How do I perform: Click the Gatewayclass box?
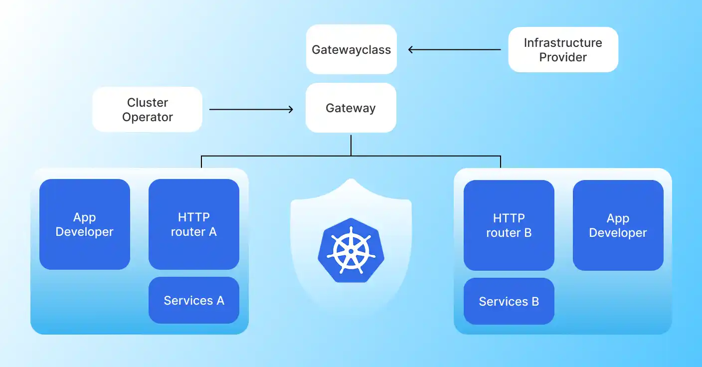pos(351,49)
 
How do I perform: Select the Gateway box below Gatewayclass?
pos(351,108)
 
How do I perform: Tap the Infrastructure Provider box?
pos(563,49)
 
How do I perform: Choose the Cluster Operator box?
pos(148,110)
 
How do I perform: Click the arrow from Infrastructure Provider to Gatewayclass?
pos(454,49)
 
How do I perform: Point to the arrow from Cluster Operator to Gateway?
pos(251,109)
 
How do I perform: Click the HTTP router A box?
pos(193,224)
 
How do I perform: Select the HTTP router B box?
pos(509,225)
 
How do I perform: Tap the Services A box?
pos(193,300)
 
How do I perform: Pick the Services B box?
pos(509,301)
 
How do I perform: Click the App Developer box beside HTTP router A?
pos(84,224)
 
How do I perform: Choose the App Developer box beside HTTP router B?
pos(618,225)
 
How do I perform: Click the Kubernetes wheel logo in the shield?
pos(351,250)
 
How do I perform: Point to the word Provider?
pos(563,57)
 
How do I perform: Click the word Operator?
pos(148,118)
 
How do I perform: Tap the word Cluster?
pos(148,102)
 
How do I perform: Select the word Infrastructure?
pos(563,42)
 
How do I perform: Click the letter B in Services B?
pos(535,301)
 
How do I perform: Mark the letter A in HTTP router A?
pos(212,232)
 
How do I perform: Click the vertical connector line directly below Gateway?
pos(351,145)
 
